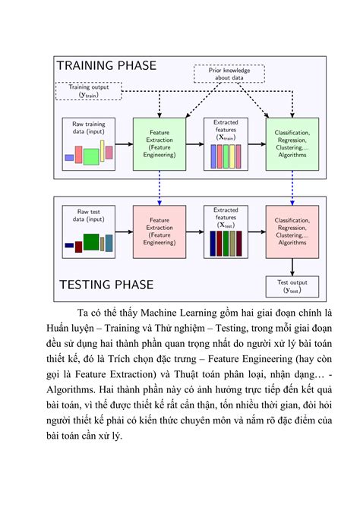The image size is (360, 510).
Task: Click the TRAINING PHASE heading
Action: tap(106, 65)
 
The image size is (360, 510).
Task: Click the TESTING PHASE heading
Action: tap(106, 285)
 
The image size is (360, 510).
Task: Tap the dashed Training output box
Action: tap(90, 91)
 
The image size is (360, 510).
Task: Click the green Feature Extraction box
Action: tap(159, 143)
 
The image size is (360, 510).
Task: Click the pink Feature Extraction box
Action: tap(159, 231)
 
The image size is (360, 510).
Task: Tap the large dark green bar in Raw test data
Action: tap(91, 242)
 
